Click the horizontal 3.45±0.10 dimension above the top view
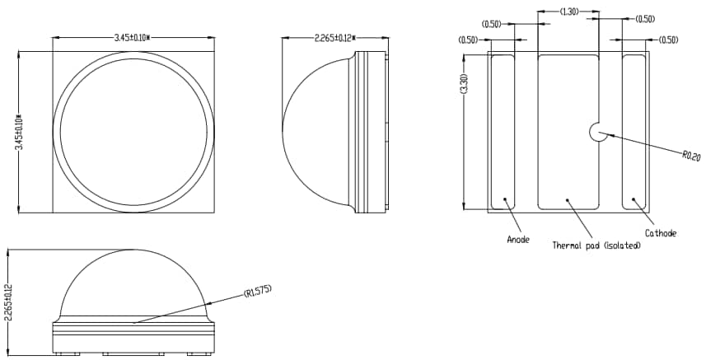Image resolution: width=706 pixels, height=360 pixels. click(137, 38)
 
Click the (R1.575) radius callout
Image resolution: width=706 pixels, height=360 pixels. click(257, 292)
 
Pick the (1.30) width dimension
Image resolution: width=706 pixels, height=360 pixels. click(568, 12)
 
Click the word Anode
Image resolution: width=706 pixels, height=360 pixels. click(518, 240)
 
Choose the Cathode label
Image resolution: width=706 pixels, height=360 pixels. click(660, 234)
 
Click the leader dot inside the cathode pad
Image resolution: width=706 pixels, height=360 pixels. click(633, 198)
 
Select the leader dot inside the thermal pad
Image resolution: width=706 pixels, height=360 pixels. click(567, 199)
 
